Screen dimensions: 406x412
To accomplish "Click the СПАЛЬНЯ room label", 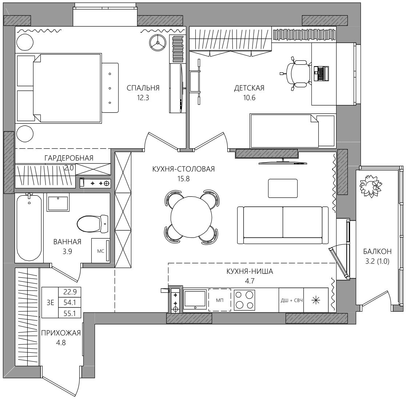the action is click(x=143, y=88).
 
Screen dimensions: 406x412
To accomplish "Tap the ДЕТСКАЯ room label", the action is click(x=249, y=88).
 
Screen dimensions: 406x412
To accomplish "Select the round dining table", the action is click(x=191, y=217).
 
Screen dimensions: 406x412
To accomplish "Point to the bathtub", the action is click(x=29, y=228).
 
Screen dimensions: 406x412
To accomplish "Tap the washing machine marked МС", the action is click(x=101, y=251).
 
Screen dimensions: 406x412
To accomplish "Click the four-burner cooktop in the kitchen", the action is click(x=244, y=300).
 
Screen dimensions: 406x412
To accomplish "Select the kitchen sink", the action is click(x=195, y=299).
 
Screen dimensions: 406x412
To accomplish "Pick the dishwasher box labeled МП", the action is click(x=220, y=300).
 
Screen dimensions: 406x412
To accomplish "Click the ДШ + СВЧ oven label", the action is click(x=291, y=300).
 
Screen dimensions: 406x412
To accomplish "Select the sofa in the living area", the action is click(x=283, y=225).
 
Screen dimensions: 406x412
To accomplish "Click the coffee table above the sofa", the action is click(x=283, y=188).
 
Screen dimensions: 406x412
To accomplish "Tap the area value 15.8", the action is click(x=184, y=179).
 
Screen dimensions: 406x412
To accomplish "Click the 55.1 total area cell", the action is click(x=69, y=313).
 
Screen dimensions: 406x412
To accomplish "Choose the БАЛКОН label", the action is click(x=377, y=252).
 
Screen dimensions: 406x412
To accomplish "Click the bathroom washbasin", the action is click(x=58, y=202).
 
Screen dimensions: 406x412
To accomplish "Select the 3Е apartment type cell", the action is click(x=50, y=303).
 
